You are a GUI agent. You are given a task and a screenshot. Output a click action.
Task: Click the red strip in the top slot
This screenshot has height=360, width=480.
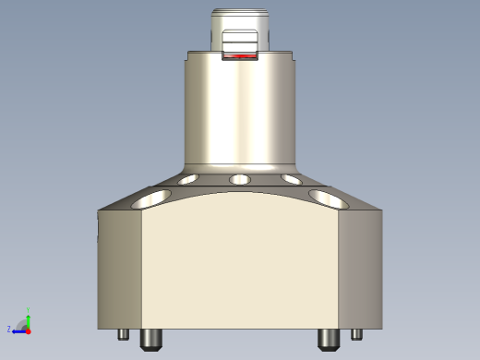click(240, 56)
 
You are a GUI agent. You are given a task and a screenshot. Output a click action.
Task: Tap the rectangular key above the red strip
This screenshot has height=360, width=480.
click(240, 42)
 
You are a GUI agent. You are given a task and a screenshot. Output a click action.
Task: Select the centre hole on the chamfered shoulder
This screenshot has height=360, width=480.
click(240, 178)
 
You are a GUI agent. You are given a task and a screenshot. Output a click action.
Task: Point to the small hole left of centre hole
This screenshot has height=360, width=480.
click(190, 179)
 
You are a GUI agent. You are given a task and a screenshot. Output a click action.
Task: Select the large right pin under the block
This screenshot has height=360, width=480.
click(328, 340)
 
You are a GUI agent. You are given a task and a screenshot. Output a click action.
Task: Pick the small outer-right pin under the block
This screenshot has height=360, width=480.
click(356, 335)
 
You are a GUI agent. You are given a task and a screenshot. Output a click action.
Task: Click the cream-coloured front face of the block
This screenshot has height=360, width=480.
click(240, 268)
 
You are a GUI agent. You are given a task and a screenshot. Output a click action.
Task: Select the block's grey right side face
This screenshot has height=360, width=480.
click(360, 268)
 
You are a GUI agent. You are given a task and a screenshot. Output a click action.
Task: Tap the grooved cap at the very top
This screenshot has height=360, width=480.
click(240, 20)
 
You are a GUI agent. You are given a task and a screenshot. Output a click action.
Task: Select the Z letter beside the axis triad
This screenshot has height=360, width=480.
click(9, 329)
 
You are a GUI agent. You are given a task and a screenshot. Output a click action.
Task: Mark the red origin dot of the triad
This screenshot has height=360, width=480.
click(29, 329)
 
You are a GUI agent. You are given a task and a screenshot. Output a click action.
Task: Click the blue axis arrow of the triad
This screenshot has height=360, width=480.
click(18, 330)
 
